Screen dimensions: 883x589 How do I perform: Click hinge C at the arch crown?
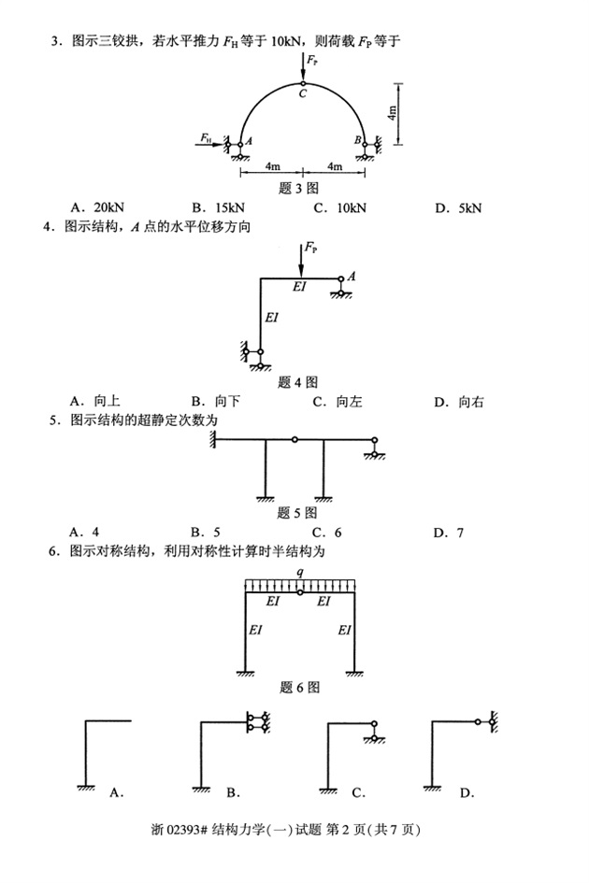pyautogui.click(x=303, y=82)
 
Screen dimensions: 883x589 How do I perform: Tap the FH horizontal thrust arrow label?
pyautogui.click(x=206, y=137)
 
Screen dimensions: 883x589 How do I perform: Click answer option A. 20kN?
pyautogui.click(x=92, y=207)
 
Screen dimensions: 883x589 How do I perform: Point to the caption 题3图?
pyautogui.click(x=299, y=188)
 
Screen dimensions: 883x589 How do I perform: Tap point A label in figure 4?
pyautogui.click(x=351, y=277)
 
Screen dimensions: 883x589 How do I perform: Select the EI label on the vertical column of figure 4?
pyautogui.click(x=272, y=318)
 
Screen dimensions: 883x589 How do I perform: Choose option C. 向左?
pyautogui.click(x=338, y=403)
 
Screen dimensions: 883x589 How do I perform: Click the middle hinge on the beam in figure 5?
pyautogui.click(x=294, y=439)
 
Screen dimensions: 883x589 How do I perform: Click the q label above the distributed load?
pyautogui.click(x=299, y=571)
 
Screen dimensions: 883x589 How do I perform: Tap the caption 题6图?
pyautogui.click(x=299, y=688)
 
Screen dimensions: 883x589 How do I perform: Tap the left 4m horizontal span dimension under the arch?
pyautogui.click(x=271, y=167)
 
